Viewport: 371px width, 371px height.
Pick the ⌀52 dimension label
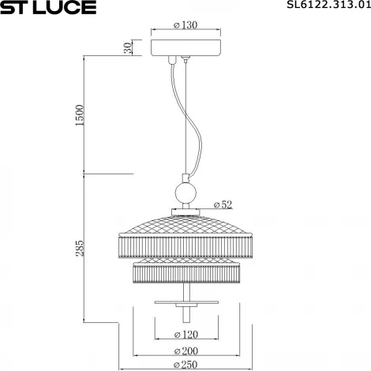click(223, 204)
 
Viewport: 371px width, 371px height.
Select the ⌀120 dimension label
click(185, 335)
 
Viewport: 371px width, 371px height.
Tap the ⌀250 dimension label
click(185, 365)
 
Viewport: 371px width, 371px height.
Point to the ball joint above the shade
click(185, 193)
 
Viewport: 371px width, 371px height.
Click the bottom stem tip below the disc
click(185, 316)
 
